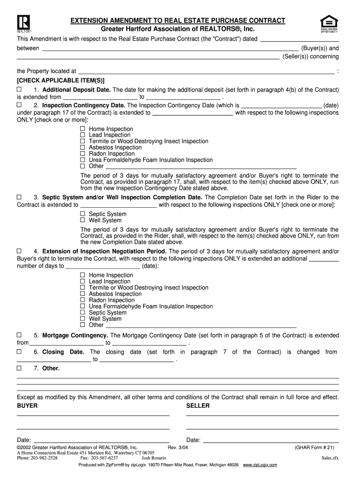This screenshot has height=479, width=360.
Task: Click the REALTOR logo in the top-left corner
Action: pos(24,23)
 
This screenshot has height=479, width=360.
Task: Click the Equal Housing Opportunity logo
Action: pos(329,23)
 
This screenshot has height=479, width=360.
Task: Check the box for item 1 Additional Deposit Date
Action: pos(20,89)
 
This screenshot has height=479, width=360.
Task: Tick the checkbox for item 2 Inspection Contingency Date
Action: pos(20,105)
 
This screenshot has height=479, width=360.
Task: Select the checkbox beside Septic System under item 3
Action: pos(83,214)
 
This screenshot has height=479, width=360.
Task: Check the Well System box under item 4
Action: pos(83,319)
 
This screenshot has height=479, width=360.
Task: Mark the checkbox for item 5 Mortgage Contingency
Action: pos(20,335)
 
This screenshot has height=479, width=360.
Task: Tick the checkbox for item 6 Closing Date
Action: pos(20,352)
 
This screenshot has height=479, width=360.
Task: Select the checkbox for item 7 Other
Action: pos(20,368)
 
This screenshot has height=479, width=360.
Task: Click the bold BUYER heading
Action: pos(27,406)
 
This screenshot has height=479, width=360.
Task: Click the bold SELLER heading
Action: pos(198,406)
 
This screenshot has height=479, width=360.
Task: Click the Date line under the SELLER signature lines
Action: pos(270,440)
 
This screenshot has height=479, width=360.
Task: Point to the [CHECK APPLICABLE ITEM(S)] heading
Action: pos(61,80)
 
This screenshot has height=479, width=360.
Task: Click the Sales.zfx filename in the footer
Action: pos(330,458)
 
